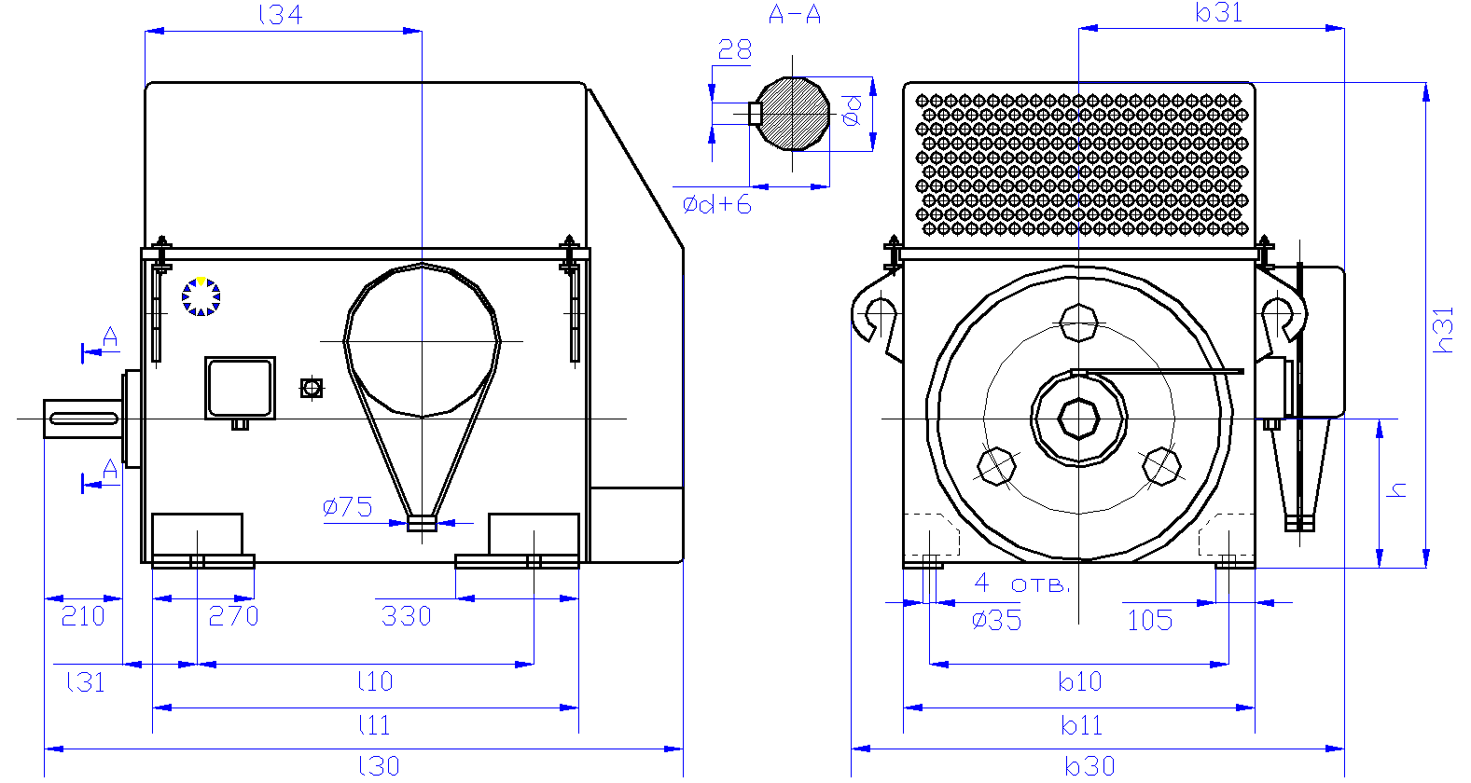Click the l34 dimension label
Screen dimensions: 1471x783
pyautogui.click(x=281, y=14)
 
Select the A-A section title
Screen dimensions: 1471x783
pyautogui.click(x=795, y=14)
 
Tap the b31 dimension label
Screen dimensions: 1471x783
pyautogui.click(x=1219, y=13)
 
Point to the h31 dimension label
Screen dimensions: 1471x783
pyautogui.click(x=1443, y=330)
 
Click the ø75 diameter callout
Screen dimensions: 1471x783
pyautogui.click(x=347, y=507)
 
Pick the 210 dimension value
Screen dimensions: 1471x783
pyautogui.click(x=83, y=616)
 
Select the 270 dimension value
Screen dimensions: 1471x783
pyautogui.click(x=234, y=616)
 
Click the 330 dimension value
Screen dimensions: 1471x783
pyautogui.click(x=407, y=616)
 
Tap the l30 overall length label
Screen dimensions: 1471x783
pyautogui.click(x=380, y=766)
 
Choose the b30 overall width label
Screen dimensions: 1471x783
pyautogui.click(x=1090, y=766)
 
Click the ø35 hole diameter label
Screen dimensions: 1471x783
pyautogui.click(x=997, y=620)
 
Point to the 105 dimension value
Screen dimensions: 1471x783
pyautogui.click(x=1150, y=620)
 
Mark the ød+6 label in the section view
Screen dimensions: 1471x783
pyautogui.click(x=717, y=205)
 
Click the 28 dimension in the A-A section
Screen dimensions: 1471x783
pyautogui.click(x=735, y=49)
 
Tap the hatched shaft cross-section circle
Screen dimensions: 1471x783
pyautogui.click(x=793, y=114)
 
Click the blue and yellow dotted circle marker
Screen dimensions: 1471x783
pyautogui.click(x=201, y=296)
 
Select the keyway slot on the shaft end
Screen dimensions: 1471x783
pyautogui.click(x=84, y=419)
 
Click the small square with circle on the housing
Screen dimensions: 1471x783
pyautogui.click(x=312, y=388)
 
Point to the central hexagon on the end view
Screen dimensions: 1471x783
pyautogui.click(x=1078, y=419)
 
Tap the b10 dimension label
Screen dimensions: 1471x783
pyautogui.click(x=1079, y=682)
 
